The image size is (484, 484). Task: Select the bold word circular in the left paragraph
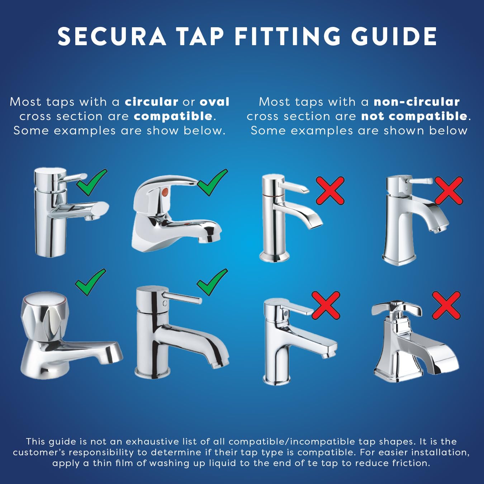(x=151, y=102)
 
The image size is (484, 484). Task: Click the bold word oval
(x=214, y=102)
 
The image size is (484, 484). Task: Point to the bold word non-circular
(x=417, y=102)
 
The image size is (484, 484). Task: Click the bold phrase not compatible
(x=414, y=116)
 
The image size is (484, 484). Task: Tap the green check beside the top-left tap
(x=92, y=182)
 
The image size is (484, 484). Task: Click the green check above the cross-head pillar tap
(x=90, y=282)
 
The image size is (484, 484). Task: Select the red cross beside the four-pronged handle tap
(x=446, y=305)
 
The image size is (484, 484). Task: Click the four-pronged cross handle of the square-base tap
(x=396, y=309)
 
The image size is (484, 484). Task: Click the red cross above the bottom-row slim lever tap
(x=326, y=305)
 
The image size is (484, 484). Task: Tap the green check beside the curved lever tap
(x=212, y=182)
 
